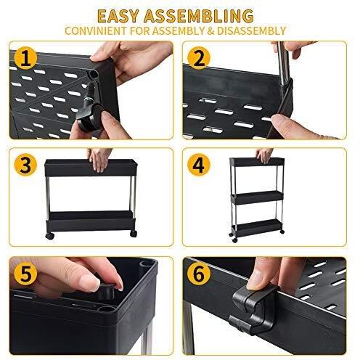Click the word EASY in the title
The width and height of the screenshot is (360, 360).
click(118, 16)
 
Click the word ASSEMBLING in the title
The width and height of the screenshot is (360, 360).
click(199, 16)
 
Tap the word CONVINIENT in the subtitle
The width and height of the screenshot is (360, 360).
click(96, 31)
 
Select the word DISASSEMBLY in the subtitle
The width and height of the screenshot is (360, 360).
click(252, 31)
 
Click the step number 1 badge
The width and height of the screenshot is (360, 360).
click(25, 58)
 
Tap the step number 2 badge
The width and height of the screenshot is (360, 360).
click(199, 58)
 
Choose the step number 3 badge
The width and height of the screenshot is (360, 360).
click(25, 165)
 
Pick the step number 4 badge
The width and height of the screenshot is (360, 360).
click(199, 165)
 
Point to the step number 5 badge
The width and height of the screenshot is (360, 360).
click(25, 274)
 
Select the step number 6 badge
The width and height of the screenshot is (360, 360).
click(199, 274)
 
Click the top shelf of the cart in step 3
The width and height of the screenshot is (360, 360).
click(91, 168)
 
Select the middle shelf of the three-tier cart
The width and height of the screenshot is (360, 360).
click(257, 197)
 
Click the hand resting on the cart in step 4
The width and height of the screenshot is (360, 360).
click(264, 155)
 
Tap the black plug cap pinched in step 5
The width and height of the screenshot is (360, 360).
click(106, 292)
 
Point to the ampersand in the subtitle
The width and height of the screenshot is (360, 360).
click(210, 31)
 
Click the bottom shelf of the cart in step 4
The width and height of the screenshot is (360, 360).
click(257, 227)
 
